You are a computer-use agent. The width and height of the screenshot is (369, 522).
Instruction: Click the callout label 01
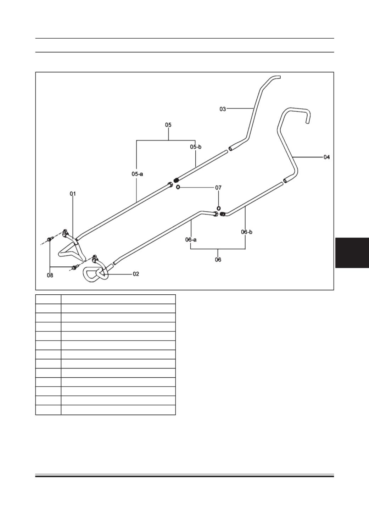[73, 194]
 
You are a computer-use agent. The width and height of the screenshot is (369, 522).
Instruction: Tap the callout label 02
[136, 274]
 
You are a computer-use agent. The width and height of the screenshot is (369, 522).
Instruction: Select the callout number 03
[223, 109]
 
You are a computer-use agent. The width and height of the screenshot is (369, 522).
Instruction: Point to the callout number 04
[326, 157]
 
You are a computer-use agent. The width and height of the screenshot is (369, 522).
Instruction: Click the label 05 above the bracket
[168, 125]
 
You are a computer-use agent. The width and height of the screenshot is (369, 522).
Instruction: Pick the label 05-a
[137, 174]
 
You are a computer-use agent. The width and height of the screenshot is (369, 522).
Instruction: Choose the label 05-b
[196, 147]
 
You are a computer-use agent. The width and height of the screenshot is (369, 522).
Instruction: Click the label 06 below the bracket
[218, 260]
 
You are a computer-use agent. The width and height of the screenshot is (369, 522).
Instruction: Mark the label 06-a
[191, 239]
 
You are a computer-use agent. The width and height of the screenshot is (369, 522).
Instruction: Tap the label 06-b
[247, 232]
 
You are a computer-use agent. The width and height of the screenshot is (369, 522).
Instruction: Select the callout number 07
[218, 188]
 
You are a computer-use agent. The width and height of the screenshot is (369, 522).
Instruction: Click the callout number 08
[50, 275]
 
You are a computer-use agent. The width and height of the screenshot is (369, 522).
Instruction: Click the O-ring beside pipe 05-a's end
[178, 187]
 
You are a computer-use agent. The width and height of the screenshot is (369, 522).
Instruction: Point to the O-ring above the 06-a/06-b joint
[218, 208]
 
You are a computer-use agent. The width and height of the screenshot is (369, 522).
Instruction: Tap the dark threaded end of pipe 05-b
[176, 180]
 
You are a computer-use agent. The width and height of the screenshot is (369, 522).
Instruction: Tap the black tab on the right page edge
[352, 253]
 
